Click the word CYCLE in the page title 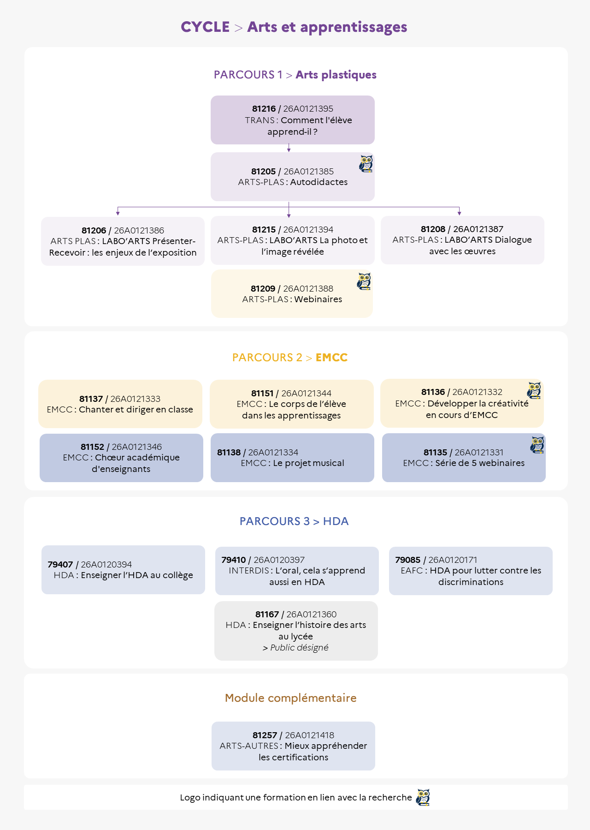205,27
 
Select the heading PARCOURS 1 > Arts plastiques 295,75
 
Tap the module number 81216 264,109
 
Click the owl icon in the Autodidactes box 366,164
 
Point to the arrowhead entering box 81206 118,213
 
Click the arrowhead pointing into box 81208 460,213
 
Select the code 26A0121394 308,230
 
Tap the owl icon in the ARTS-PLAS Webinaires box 364,281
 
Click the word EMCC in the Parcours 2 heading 331,358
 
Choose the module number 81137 91,399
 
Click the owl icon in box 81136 534,390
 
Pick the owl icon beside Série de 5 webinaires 537,445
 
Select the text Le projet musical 308,463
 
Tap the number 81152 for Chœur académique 92,447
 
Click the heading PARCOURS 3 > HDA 294,521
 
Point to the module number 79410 233,560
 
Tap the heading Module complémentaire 291,698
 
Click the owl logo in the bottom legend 423,797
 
